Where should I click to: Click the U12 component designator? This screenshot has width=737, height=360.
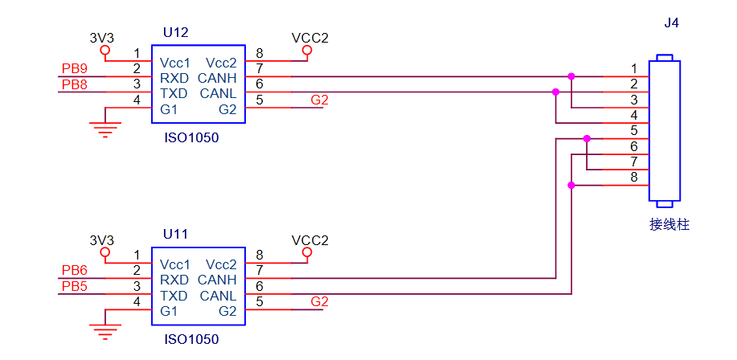click(175, 33)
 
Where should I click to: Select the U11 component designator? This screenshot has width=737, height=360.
click(175, 235)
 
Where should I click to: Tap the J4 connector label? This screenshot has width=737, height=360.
click(672, 22)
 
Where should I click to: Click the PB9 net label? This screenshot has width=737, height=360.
click(75, 68)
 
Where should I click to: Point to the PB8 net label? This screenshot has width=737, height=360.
click(75, 84)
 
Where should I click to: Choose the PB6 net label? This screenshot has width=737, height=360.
click(75, 270)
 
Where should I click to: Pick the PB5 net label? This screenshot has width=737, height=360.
click(75, 285)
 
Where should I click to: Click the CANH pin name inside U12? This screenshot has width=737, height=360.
click(217, 78)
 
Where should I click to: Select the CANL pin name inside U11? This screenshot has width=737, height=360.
click(218, 295)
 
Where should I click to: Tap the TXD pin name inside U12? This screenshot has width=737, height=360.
click(174, 93)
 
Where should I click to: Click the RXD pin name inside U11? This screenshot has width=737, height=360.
click(174, 280)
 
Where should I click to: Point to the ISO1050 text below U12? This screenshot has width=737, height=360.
click(190, 137)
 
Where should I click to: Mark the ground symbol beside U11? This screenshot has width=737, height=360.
click(104, 330)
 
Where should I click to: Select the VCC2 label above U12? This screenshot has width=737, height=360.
click(309, 38)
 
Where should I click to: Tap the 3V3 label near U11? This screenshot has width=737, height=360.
click(102, 240)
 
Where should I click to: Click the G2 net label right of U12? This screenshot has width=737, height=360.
click(319, 100)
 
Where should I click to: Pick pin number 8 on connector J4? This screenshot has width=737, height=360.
click(634, 177)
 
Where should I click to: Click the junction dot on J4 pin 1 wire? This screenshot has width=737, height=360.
click(571, 76)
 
